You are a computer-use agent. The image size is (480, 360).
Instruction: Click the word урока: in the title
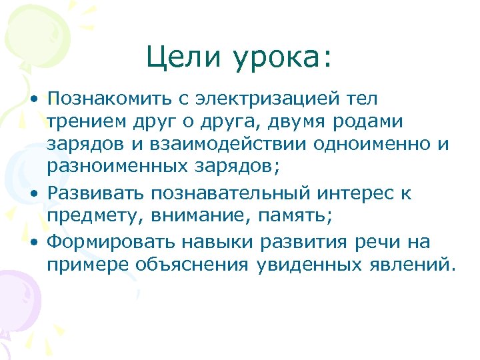(x=281, y=59)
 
